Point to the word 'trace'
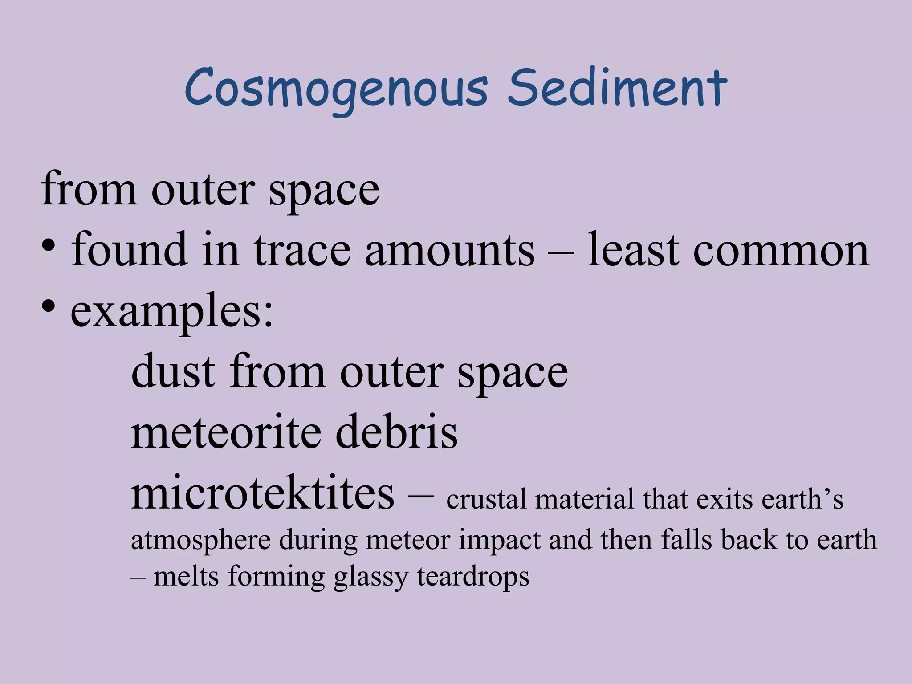302,250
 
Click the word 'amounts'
450,250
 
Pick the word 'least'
633,250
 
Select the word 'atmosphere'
201,541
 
